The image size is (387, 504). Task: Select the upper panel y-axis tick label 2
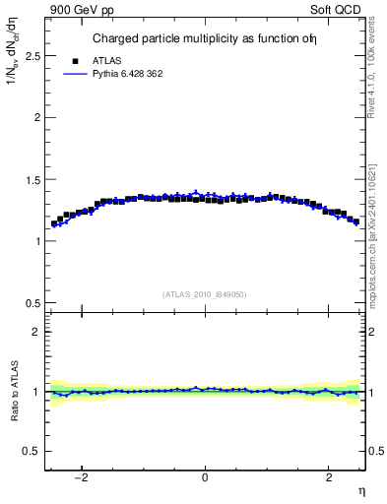click(37, 117)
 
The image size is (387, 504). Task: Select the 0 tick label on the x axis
click(205, 479)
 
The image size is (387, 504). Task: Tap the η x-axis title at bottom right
click(360, 490)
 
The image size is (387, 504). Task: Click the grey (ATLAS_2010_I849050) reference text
click(205, 293)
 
